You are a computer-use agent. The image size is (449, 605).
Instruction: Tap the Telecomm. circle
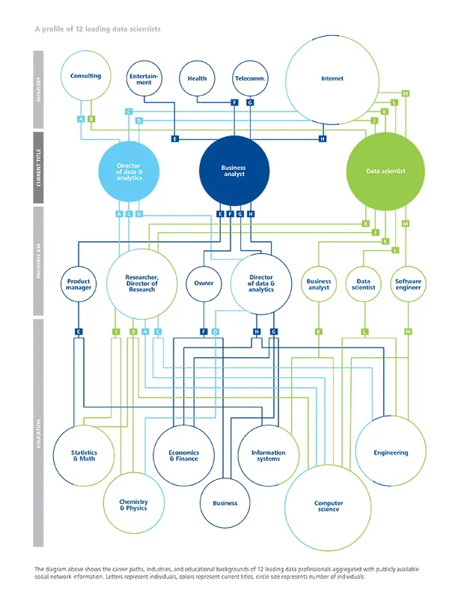pyautogui.click(x=251, y=78)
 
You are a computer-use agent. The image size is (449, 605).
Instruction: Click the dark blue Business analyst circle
pyautogui.click(x=233, y=171)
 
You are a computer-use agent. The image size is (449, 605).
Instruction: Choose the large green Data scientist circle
pyautogui.click(x=385, y=171)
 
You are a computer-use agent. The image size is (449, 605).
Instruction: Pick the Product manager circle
pyautogui.click(x=79, y=284)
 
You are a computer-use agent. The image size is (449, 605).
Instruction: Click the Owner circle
pyautogui.click(x=204, y=284)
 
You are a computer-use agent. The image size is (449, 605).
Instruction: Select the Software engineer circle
pyautogui.click(x=408, y=284)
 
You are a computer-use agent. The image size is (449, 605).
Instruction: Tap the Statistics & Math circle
pyautogui.click(x=84, y=454)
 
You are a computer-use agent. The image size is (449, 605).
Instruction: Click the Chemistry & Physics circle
pyautogui.click(x=133, y=505)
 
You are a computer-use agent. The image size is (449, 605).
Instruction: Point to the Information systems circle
pyautogui.click(x=268, y=454)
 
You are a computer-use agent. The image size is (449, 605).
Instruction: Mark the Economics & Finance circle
pyautogui.click(x=183, y=454)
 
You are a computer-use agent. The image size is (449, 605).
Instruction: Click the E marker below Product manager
pyautogui.click(x=78, y=331)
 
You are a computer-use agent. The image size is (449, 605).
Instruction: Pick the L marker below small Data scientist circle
pyautogui.click(x=364, y=331)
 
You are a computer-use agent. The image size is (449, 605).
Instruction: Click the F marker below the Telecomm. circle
pyautogui.click(x=235, y=102)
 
